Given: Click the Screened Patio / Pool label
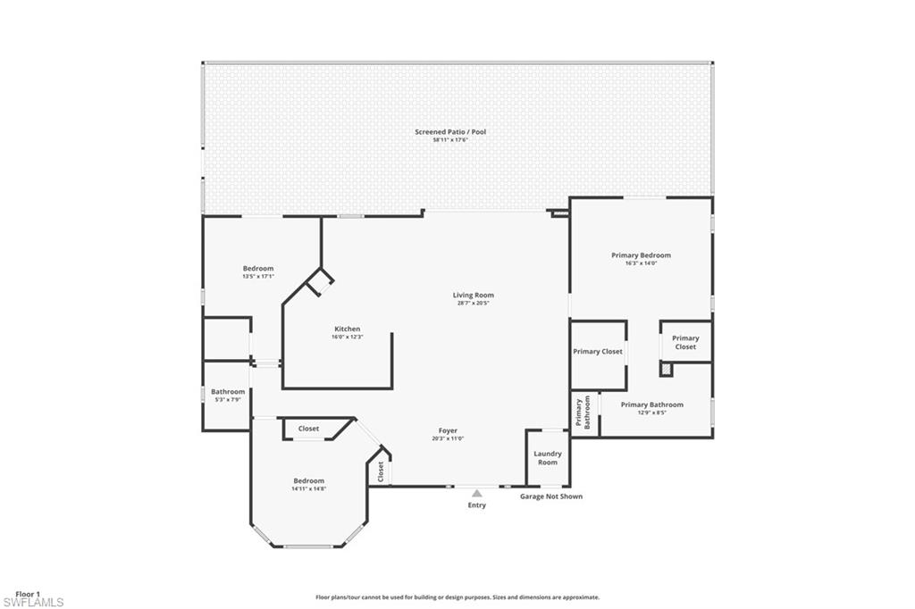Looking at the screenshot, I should [450, 132].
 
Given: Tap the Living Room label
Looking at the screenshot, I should [473, 295].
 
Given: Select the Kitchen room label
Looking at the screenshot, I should [347, 329].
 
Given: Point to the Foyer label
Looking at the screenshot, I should [448, 430].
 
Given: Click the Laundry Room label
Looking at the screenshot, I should [547, 457].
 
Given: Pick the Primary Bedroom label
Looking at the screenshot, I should [641, 255].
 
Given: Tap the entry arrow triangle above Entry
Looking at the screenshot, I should [477, 493].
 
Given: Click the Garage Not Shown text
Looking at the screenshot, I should [551, 496].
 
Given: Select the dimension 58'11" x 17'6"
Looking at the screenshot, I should [450, 140].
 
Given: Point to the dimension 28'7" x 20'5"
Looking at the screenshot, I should [473, 303].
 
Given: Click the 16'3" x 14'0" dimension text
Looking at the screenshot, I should [641, 263].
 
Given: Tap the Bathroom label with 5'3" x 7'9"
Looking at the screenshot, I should [228, 391].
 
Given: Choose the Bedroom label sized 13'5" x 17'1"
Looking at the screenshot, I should [258, 269].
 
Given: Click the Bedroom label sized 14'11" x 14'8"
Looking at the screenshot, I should [308, 480].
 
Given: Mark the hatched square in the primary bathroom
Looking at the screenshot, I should [666, 368].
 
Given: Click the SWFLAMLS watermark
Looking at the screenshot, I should [33, 603].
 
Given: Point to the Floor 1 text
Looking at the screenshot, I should [28, 594].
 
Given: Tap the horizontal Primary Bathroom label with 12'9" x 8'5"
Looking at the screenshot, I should [651, 405].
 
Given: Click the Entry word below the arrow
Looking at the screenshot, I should [476, 505].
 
